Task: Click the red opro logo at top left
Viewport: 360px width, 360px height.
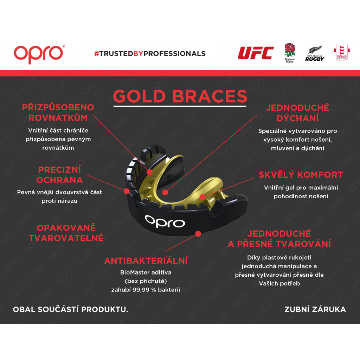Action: (39, 54)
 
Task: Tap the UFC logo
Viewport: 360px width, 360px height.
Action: (256, 53)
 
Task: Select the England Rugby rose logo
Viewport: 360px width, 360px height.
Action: (290, 53)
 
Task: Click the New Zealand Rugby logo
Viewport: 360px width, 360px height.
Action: (315, 53)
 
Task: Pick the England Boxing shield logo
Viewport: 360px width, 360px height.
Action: (342, 53)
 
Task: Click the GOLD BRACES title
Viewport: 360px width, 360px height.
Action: (180, 96)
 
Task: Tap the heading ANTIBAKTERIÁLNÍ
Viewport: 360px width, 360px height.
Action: (146, 261)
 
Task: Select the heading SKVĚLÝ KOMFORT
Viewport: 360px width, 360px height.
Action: (301, 175)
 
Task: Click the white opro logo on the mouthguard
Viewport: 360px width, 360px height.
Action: (165, 221)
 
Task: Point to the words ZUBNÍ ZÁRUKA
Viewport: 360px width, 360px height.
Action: (315, 309)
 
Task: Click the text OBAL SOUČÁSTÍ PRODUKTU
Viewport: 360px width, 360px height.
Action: (70, 309)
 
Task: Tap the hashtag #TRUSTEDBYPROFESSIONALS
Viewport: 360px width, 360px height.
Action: (150, 54)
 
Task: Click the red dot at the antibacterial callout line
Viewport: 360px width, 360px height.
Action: (198, 234)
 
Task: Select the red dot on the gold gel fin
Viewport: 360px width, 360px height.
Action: (202, 197)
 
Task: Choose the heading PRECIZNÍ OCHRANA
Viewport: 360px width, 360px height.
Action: (59, 175)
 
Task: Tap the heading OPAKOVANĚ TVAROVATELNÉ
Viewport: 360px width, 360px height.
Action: (66, 233)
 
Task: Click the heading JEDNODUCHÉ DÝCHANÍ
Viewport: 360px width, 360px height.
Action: (297, 113)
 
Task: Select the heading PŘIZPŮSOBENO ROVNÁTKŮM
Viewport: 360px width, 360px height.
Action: (58, 112)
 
